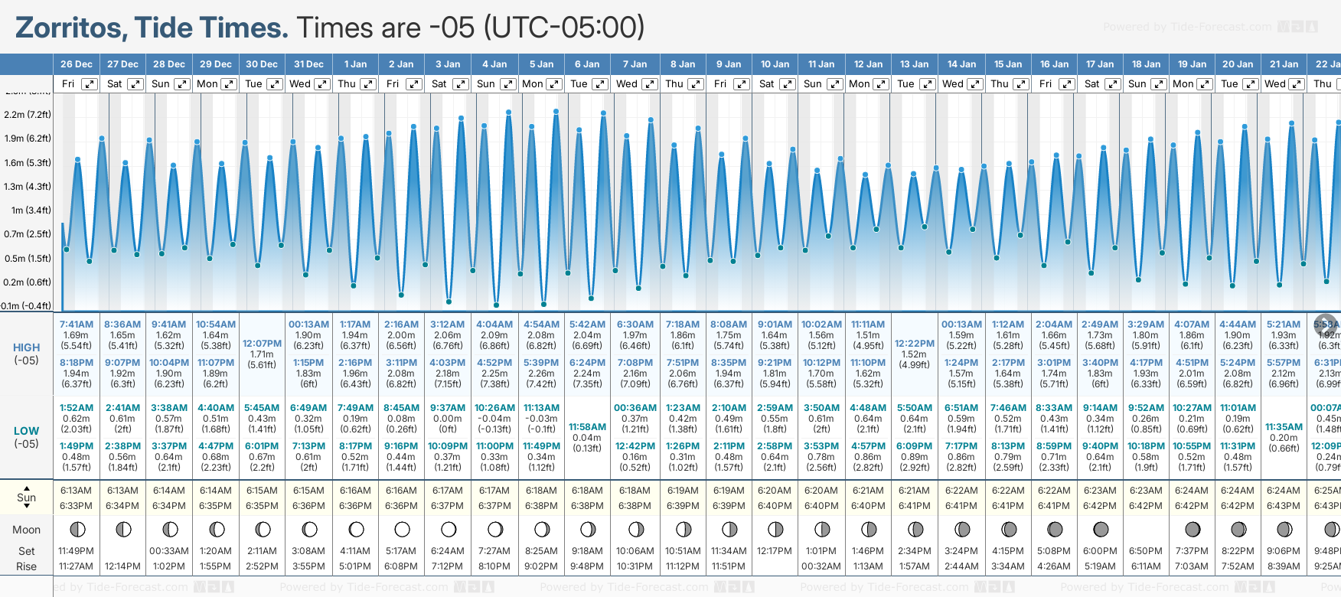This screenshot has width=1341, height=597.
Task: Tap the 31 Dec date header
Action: (308, 64)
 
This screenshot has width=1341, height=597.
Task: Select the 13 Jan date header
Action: (915, 64)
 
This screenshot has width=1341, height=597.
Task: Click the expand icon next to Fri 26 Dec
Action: (90, 84)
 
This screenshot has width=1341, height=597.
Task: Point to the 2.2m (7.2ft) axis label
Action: (28, 115)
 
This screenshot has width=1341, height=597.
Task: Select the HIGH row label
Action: (27, 347)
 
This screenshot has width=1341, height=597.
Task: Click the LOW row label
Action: (27, 431)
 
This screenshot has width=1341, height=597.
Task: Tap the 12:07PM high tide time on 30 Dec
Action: (262, 344)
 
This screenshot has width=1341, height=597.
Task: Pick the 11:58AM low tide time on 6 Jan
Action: (588, 427)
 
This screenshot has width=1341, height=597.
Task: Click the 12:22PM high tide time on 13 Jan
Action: (915, 344)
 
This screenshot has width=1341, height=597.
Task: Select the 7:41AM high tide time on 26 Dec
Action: (77, 325)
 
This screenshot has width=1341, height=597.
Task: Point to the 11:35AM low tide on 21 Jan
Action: (1284, 427)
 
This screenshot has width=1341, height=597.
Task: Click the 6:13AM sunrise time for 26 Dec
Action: (77, 491)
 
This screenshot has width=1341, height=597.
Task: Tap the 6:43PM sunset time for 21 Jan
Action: (1284, 506)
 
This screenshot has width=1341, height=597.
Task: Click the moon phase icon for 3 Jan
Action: (449, 529)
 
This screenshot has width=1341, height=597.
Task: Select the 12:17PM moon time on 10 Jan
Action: (775, 551)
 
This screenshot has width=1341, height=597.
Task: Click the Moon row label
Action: (27, 530)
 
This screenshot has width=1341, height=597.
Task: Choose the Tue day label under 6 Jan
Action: (579, 84)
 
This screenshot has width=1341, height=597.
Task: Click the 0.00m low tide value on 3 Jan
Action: (448, 419)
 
